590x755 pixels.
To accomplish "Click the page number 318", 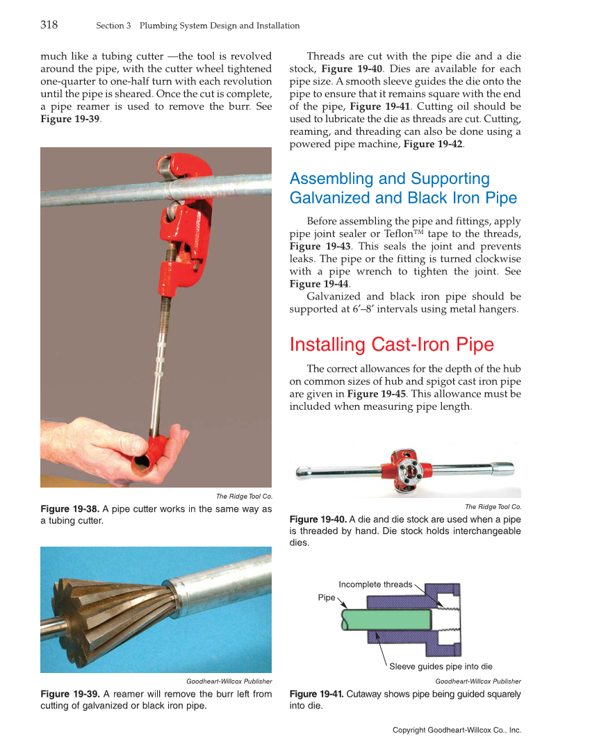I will click(x=49, y=25).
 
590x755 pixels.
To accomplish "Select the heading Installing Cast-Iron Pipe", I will click(x=391, y=345).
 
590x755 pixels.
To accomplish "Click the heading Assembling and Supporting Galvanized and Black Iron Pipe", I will click(x=403, y=188).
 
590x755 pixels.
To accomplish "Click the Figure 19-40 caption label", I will click(x=318, y=520).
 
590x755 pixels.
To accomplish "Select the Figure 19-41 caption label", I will click(x=316, y=694).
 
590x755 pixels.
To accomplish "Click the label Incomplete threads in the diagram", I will click(x=375, y=584).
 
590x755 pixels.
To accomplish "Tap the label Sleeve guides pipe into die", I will click(x=441, y=667).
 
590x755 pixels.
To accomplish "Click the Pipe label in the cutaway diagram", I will click(x=326, y=597).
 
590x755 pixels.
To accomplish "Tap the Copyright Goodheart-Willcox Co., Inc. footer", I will click(x=457, y=730).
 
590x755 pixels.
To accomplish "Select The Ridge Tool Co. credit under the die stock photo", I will click(x=493, y=506).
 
